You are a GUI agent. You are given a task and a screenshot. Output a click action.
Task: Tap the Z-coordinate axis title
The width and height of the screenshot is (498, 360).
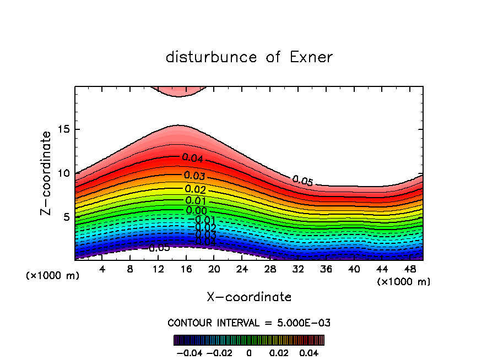point(47,173)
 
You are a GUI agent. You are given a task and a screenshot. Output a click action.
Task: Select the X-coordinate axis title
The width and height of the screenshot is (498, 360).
point(249,297)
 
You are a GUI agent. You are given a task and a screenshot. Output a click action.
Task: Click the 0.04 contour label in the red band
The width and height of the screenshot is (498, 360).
point(193,158)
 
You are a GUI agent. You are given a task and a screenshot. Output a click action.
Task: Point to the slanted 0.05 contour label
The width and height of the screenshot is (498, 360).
point(302,181)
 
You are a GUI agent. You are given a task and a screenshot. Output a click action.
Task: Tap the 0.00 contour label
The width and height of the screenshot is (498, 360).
point(196,210)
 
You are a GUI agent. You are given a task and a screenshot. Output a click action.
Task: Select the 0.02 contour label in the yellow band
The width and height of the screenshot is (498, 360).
point(195,190)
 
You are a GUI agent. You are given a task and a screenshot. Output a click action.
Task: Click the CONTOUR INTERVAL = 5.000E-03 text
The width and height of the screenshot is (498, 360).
point(249,323)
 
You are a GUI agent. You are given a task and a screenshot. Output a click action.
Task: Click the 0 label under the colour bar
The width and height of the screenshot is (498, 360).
point(249,352)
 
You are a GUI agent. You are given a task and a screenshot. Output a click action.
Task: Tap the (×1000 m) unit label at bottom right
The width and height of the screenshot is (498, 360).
point(404,281)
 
